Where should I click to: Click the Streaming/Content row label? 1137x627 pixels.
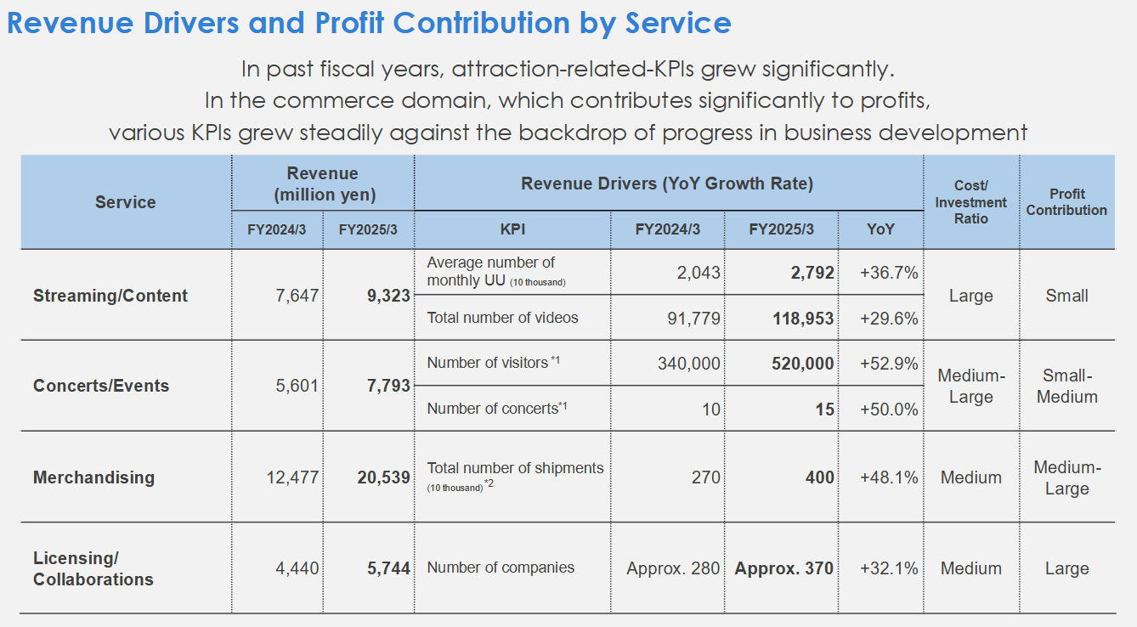(110, 296)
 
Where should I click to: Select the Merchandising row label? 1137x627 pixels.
(93, 477)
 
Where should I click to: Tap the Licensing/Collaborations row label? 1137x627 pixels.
(93, 568)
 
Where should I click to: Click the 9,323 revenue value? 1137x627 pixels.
(388, 296)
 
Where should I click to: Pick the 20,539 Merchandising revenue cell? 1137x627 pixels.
(383, 477)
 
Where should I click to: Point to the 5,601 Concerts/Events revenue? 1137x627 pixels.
(297, 386)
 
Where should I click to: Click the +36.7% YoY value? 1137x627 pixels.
(889, 273)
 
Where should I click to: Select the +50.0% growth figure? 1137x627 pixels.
(889, 409)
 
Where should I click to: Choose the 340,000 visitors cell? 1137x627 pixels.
(688, 364)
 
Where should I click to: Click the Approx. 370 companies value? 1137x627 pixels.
(783, 568)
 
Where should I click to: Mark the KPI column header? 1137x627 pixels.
(512, 229)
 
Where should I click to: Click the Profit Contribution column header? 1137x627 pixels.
(1066, 202)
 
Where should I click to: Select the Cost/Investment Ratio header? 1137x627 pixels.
(970, 202)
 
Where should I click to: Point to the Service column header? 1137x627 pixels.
(125, 202)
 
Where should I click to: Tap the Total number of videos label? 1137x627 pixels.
(502, 318)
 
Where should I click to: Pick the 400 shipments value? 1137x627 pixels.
(820, 477)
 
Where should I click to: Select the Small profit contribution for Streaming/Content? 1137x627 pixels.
(1066, 296)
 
